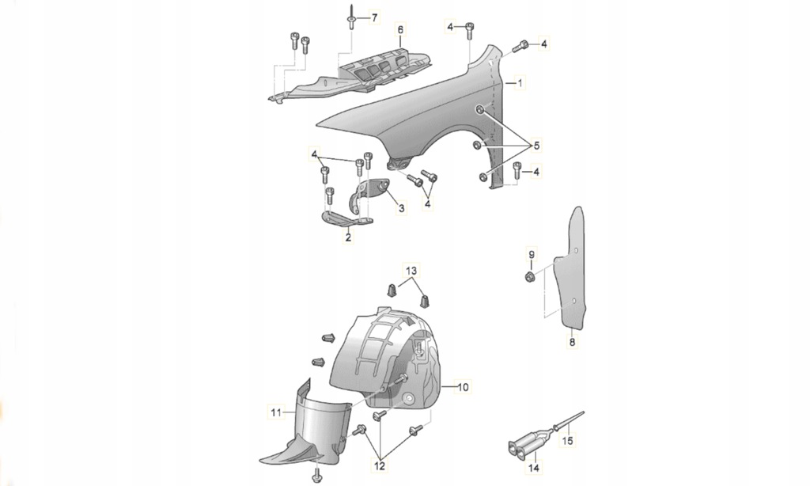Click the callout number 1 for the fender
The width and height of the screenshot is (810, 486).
(520, 83)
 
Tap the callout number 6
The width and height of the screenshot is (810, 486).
(400, 30)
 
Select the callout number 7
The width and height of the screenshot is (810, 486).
(374, 17)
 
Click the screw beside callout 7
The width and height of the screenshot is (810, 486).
(350, 19)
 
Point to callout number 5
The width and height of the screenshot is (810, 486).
(536, 146)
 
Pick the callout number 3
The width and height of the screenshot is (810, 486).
(401, 208)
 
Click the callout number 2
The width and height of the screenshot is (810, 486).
(348, 237)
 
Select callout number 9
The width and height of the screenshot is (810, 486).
(532, 254)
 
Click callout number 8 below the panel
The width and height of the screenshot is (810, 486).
(572, 342)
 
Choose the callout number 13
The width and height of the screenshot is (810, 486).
(411, 271)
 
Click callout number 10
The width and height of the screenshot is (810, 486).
(463, 387)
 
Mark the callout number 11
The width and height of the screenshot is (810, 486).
(276, 412)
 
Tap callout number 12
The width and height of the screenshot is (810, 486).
(380, 466)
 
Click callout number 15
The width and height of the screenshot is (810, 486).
(567, 441)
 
